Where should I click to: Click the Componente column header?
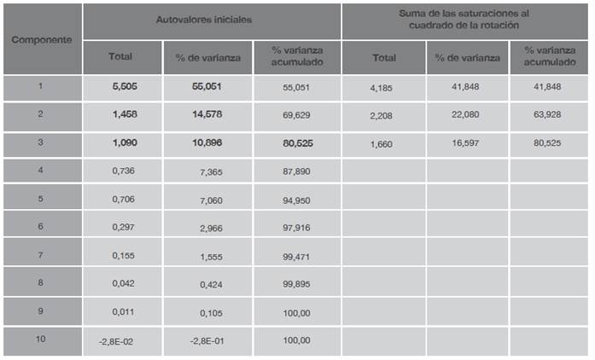pos(42,40)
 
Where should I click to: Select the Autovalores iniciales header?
pos(211,19)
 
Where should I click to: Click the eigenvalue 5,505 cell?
pos(123,87)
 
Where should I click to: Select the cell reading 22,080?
pos(466,116)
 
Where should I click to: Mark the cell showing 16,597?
pos(466,144)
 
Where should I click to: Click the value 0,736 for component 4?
pos(123,172)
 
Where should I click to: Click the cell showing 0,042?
pos(123,284)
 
